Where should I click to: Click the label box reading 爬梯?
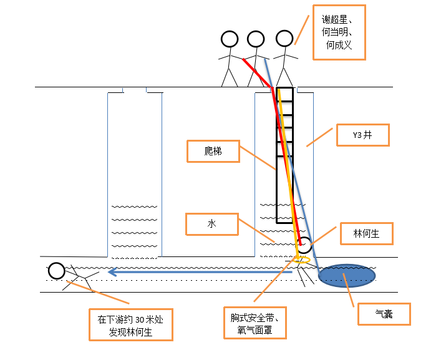(x=213, y=151)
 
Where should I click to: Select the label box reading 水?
(x=211, y=224)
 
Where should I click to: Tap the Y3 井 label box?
(x=362, y=135)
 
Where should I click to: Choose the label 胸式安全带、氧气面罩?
(x=255, y=322)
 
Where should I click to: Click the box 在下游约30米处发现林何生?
(x=130, y=326)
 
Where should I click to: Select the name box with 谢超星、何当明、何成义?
(x=339, y=32)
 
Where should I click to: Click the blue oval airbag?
(x=347, y=275)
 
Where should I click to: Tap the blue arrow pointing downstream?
(x=200, y=271)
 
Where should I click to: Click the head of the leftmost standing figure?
(x=230, y=39)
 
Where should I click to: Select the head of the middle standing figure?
(x=256, y=39)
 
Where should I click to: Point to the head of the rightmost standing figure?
(x=284, y=39)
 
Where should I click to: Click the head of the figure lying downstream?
(x=56, y=271)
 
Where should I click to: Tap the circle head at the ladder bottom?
(x=304, y=245)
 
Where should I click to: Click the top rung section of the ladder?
(x=284, y=94)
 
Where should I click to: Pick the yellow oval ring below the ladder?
(x=301, y=258)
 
